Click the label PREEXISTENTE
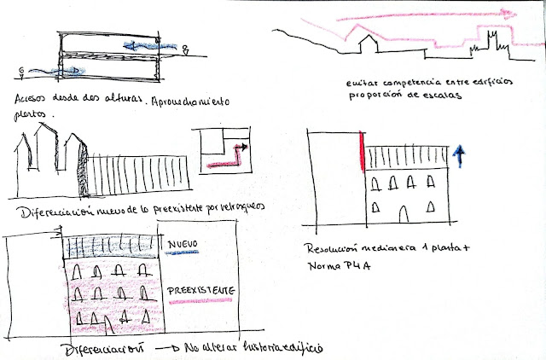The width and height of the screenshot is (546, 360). [x=201, y=291]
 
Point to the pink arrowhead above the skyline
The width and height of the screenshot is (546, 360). [x=511, y=13]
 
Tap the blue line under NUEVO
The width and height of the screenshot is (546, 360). [x=183, y=253]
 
